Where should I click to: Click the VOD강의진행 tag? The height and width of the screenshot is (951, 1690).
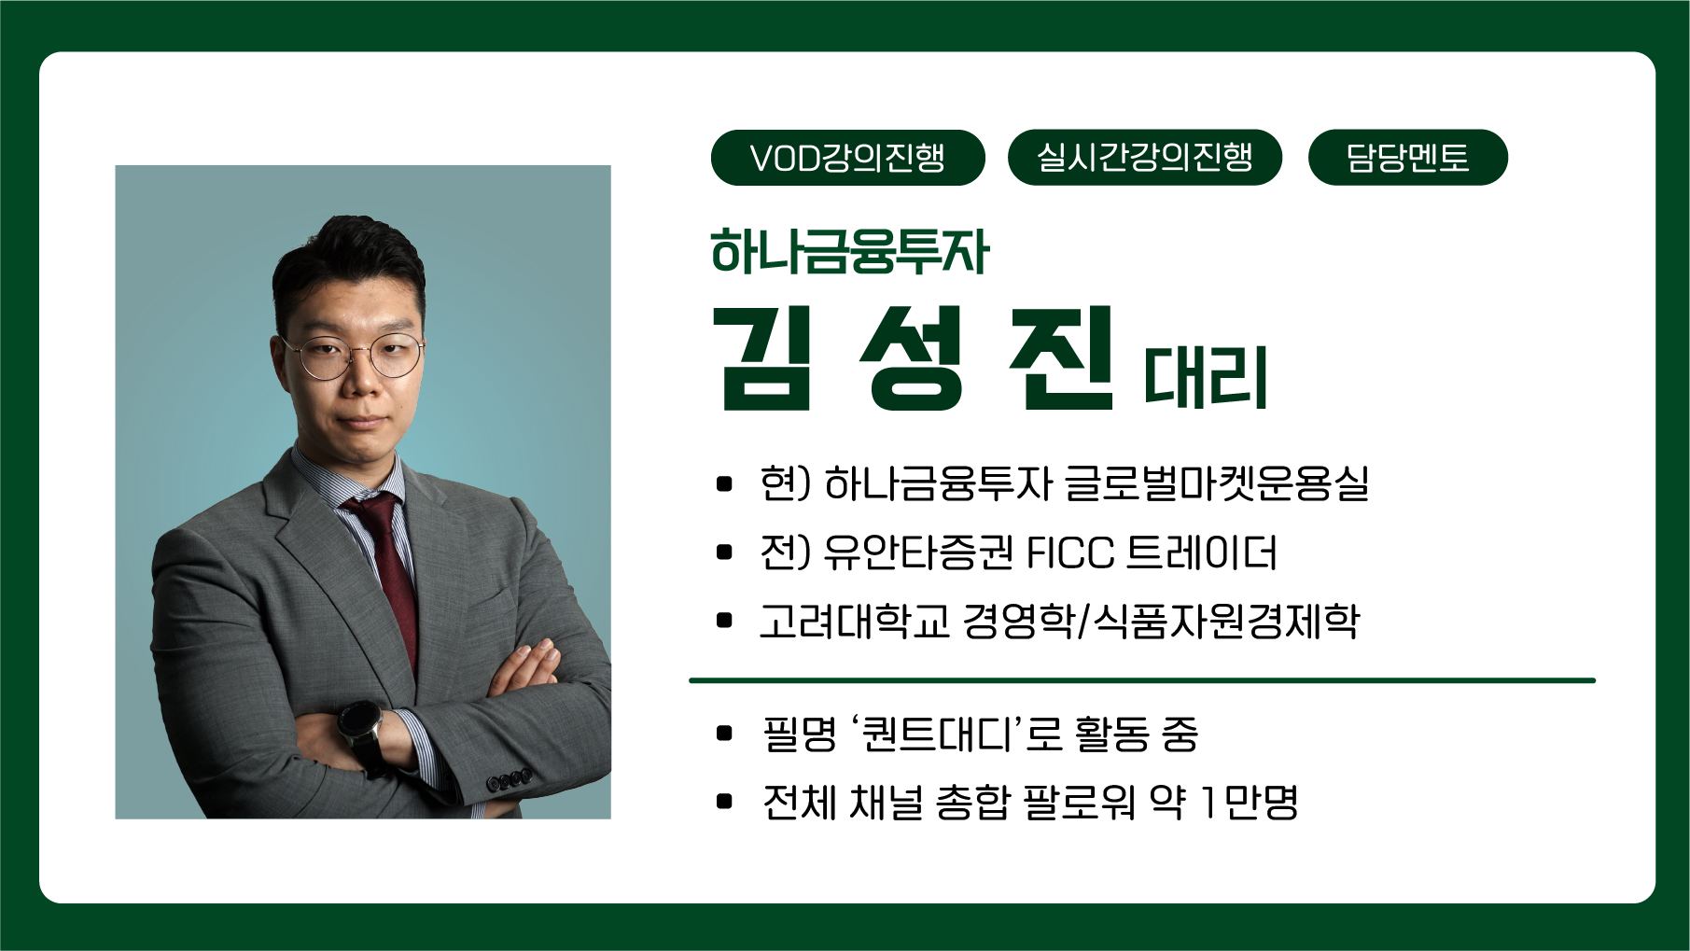pyautogui.click(x=847, y=158)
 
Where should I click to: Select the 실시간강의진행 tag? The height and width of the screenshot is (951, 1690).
pyautogui.click(x=1145, y=158)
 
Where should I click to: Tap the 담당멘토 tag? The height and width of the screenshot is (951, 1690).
pyautogui.click(x=1407, y=158)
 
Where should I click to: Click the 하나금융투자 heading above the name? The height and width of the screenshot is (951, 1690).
pyautogui.click(x=849, y=252)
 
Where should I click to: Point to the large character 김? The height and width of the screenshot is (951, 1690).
pyautogui.click(x=762, y=358)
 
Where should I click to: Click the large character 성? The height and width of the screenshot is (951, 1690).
pyautogui.click(x=911, y=358)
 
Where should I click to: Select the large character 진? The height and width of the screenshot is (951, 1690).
pyautogui.click(x=1062, y=358)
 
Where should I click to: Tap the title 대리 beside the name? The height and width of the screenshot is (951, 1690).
pyautogui.click(x=1206, y=377)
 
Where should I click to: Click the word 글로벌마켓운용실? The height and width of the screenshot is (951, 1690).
pyautogui.click(x=1216, y=483)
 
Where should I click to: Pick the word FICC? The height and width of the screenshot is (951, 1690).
pyautogui.click(x=1069, y=552)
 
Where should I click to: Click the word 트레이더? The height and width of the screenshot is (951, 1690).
pyautogui.click(x=1202, y=552)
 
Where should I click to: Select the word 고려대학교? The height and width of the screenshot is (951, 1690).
pyautogui.click(x=854, y=621)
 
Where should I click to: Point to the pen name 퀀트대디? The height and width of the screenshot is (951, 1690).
pyautogui.click(x=937, y=734)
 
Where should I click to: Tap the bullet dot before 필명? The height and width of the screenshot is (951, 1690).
pyautogui.click(x=724, y=734)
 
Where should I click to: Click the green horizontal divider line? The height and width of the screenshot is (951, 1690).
pyautogui.click(x=1142, y=680)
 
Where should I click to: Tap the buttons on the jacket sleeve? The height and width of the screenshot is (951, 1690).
pyautogui.click(x=509, y=778)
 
